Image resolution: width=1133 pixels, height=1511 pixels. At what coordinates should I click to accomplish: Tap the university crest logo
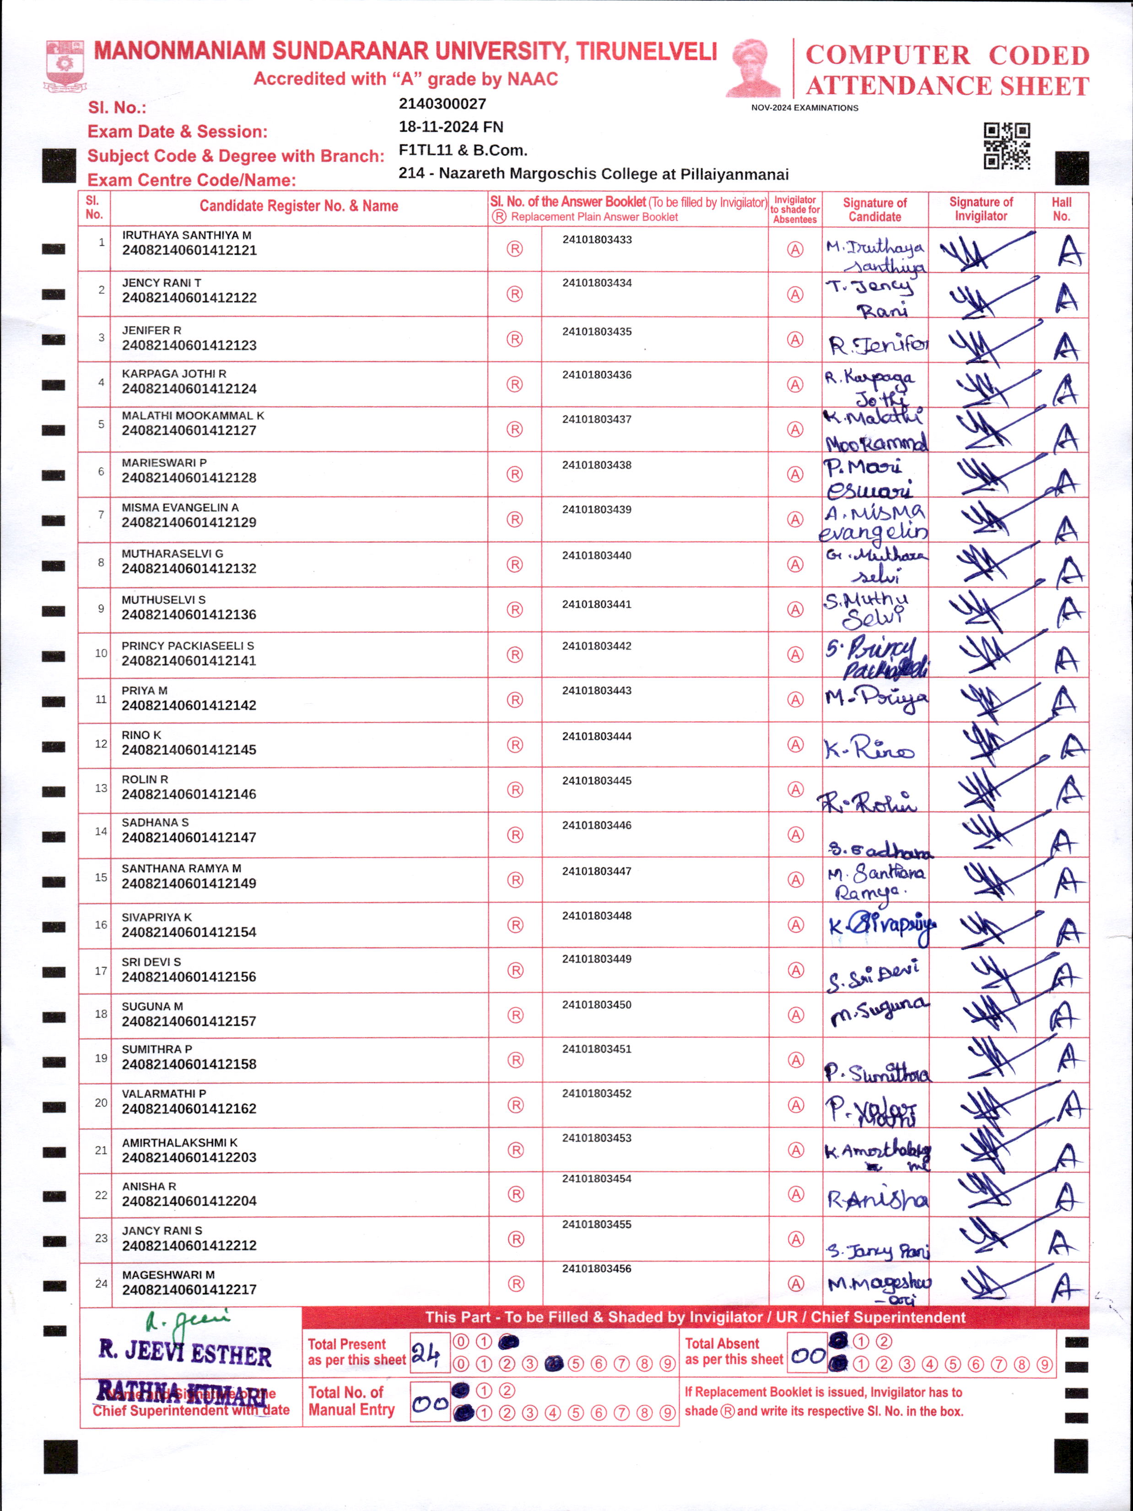[65, 65]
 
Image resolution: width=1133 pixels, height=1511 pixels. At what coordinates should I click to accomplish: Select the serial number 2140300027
[442, 104]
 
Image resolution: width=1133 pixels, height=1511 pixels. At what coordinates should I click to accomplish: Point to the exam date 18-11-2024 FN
[451, 127]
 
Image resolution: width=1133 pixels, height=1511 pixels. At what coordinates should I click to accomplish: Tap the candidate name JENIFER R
[151, 330]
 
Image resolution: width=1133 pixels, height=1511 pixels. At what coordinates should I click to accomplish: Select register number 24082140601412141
[189, 661]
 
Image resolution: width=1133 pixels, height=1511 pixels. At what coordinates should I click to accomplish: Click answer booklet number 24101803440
[596, 556]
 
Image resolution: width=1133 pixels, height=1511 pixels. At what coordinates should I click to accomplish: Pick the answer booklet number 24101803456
[596, 1268]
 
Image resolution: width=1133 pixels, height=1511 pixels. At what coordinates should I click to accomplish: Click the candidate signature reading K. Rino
[869, 748]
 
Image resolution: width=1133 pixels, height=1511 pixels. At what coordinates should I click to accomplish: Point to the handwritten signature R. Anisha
[877, 1199]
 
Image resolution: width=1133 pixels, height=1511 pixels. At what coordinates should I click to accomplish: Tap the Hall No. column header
[1061, 209]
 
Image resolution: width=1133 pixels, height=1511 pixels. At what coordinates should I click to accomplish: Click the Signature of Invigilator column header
[981, 209]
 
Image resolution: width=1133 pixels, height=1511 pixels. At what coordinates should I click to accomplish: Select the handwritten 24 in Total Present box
[426, 1353]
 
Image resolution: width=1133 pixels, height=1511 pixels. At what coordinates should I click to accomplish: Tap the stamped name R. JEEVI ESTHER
[185, 1353]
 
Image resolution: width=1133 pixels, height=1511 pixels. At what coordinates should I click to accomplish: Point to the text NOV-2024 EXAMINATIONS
[804, 108]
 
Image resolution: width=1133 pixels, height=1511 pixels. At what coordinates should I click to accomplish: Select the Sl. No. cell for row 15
[100, 877]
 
